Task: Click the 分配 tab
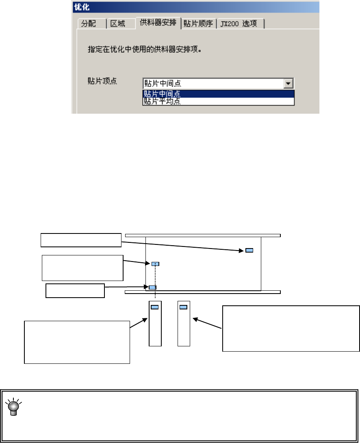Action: (x=89, y=24)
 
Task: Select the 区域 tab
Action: (x=118, y=24)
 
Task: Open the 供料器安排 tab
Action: (x=158, y=22)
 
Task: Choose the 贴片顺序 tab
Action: (x=198, y=24)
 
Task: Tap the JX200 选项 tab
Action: (x=239, y=24)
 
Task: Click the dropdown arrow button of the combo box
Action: (x=288, y=84)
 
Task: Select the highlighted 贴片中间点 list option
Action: (x=163, y=94)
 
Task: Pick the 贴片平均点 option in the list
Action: (x=163, y=102)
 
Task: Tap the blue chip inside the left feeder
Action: (x=155, y=307)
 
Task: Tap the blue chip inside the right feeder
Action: (x=183, y=307)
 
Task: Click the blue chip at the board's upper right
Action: (x=249, y=250)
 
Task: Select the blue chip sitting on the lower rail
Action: (x=152, y=287)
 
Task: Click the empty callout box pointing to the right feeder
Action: (x=291, y=328)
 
